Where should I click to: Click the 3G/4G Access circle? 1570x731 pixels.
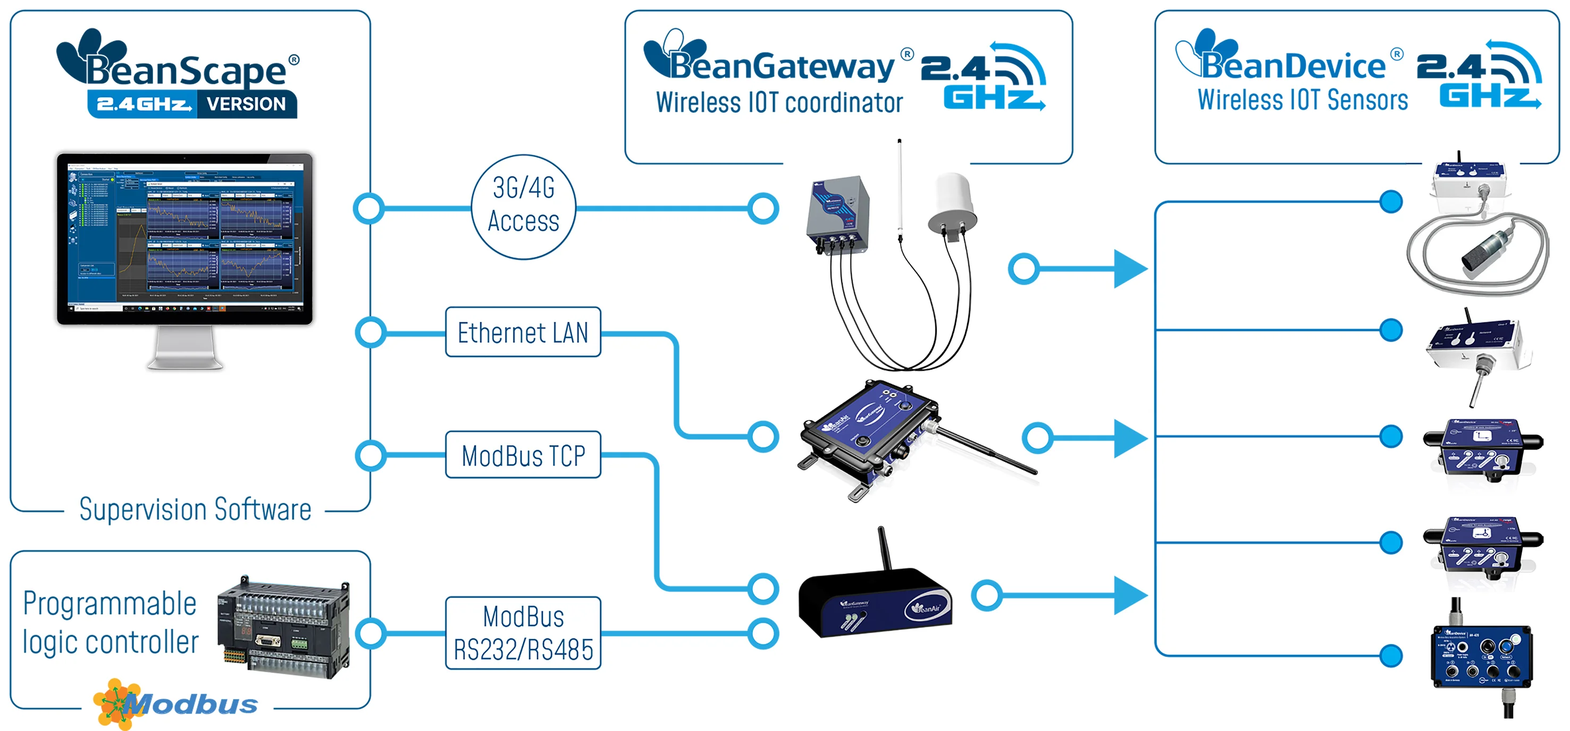tap(524, 207)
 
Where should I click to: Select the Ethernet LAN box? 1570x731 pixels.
tap(523, 333)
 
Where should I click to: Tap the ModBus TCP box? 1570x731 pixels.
tap(523, 455)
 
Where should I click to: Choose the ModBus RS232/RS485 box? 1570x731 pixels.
tap(523, 633)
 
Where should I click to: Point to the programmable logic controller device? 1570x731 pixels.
tap(284, 627)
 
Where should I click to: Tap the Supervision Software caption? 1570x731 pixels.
tap(195, 510)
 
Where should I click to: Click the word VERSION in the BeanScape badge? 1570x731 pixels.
tap(246, 104)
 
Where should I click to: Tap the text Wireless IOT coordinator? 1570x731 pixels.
tap(779, 103)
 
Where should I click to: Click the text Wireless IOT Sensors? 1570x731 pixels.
tap(1303, 100)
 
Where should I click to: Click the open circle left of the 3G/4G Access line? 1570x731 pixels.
tap(369, 209)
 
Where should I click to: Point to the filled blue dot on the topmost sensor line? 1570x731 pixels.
tap(1391, 202)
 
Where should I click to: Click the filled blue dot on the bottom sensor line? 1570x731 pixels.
tap(1391, 656)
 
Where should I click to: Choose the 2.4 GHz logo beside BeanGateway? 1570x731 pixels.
tap(983, 77)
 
